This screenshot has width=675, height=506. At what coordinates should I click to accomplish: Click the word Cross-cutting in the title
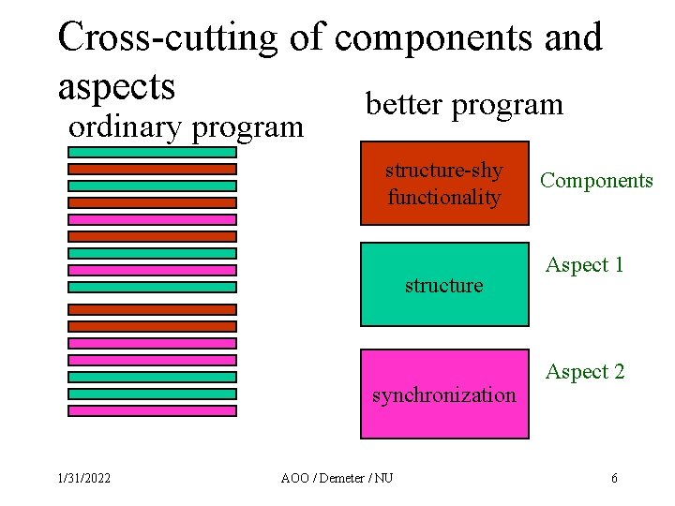168,37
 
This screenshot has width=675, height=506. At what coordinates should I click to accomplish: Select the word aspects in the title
116,85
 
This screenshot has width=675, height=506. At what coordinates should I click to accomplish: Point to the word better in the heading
404,104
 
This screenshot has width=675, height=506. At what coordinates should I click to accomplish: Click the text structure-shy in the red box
443,171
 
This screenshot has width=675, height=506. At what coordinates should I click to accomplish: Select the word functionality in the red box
443,198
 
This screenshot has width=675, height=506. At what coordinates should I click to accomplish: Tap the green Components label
596,181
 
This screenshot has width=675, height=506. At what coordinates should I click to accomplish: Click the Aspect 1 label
585,265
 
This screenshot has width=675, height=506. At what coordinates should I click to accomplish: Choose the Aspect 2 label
585,372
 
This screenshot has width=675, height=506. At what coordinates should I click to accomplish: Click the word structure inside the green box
443,285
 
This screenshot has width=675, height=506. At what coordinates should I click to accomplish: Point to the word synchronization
443,394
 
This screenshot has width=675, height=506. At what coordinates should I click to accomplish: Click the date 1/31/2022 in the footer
83,479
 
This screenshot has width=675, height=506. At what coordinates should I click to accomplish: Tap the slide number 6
614,479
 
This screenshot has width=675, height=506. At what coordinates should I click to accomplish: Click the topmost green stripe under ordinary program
152,152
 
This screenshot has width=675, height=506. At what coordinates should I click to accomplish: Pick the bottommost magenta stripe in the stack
152,410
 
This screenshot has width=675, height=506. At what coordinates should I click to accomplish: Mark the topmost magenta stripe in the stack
152,219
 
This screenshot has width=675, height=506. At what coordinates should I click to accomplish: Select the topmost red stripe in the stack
152,169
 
